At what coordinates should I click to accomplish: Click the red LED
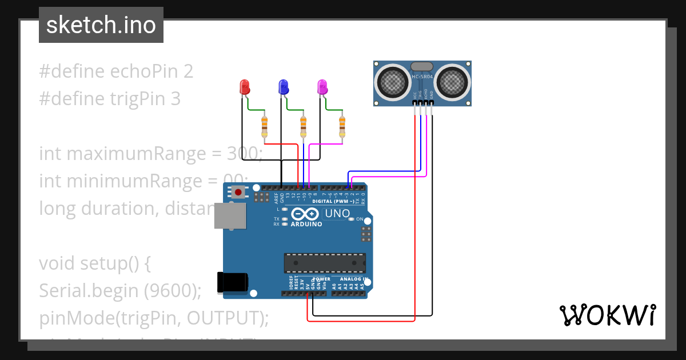pyautogui.click(x=244, y=87)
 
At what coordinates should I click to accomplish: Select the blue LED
pyautogui.click(x=283, y=87)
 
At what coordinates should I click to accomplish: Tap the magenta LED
pyautogui.click(x=322, y=87)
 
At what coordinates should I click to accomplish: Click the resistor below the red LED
pyautogui.click(x=264, y=126)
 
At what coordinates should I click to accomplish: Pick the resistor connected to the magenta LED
pyautogui.click(x=342, y=126)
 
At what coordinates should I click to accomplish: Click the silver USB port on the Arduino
pyautogui.click(x=230, y=217)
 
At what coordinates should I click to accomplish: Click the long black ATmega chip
pyautogui.click(x=325, y=262)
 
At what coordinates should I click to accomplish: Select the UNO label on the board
pyautogui.click(x=337, y=214)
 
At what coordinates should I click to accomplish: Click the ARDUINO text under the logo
pyautogui.click(x=306, y=224)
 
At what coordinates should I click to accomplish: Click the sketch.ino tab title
pyautogui.click(x=101, y=25)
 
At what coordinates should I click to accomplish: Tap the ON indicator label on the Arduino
pyautogui.click(x=360, y=219)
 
